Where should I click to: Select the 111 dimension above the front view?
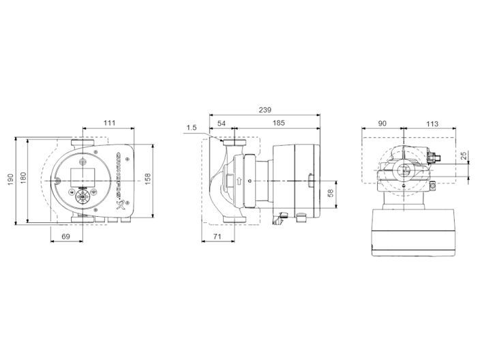tap(109, 123)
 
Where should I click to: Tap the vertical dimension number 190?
tap(10, 179)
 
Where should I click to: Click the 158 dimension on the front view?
tap(148, 179)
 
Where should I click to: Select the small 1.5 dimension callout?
tap(191, 127)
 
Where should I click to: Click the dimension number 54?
tap(222, 123)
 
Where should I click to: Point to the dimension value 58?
tap(331, 194)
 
